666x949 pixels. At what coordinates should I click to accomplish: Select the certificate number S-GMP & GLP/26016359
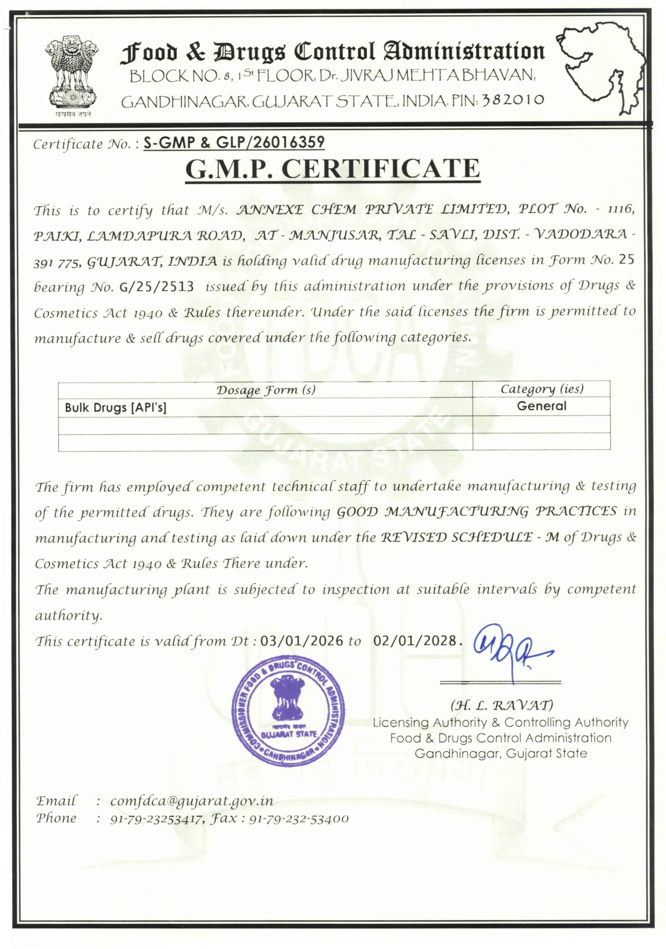click(234, 143)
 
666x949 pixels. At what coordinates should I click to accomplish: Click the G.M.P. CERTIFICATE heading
click(332, 169)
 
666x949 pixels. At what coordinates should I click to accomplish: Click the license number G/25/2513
click(156, 287)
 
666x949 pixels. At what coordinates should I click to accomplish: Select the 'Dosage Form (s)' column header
click(266, 390)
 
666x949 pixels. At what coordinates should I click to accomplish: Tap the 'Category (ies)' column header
click(541, 388)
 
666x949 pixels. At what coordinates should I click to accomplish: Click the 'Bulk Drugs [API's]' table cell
click(115, 407)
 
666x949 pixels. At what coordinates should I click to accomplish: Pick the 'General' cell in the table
click(541, 406)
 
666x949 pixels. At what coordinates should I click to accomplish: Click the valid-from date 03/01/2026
click(302, 641)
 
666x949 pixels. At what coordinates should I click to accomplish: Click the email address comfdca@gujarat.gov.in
click(192, 801)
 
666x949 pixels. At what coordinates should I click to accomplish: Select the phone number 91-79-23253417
click(155, 819)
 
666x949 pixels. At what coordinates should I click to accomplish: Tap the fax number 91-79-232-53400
click(299, 819)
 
